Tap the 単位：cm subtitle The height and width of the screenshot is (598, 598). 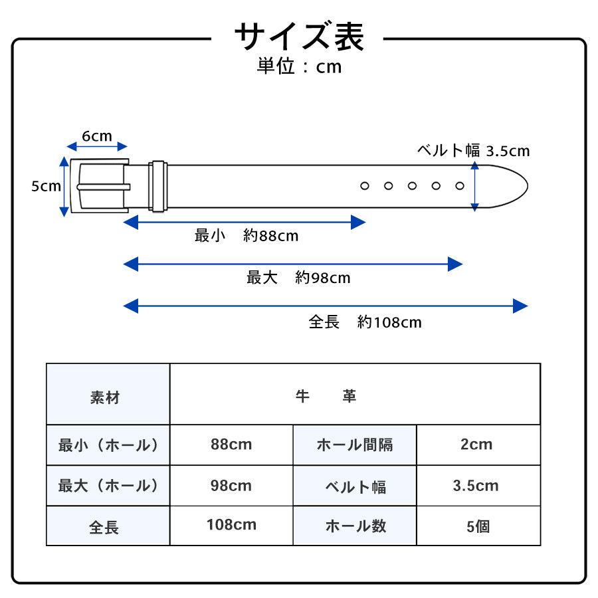pyautogui.click(x=299, y=67)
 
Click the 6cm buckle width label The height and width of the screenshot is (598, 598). pyautogui.click(x=97, y=136)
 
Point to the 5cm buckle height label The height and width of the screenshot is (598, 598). pyautogui.click(x=46, y=187)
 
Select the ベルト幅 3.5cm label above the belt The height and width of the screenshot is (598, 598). pyautogui.click(x=473, y=151)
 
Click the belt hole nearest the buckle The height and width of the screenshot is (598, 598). pyautogui.click(x=365, y=186)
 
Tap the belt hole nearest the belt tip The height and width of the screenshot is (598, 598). pyautogui.click(x=460, y=186)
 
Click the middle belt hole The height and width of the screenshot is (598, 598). pyautogui.click(x=412, y=186)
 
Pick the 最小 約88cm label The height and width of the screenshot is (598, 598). pyautogui.click(x=247, y=236)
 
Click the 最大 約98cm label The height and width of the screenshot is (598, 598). pyautogui.click(x=298, y=278)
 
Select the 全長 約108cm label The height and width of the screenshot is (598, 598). pyautogui.click(x=365, y=322)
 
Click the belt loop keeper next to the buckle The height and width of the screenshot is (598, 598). pyautogui.click(x=157, y=186)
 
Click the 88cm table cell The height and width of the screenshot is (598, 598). pyautogui.click(x=231, y=445)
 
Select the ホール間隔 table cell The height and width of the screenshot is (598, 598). pyautogui.click(x=355, y=445)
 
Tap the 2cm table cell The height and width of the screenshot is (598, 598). pyautogui.click(x=476, y=445)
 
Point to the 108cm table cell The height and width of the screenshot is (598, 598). pyautogui.click(x=231, y=525)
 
